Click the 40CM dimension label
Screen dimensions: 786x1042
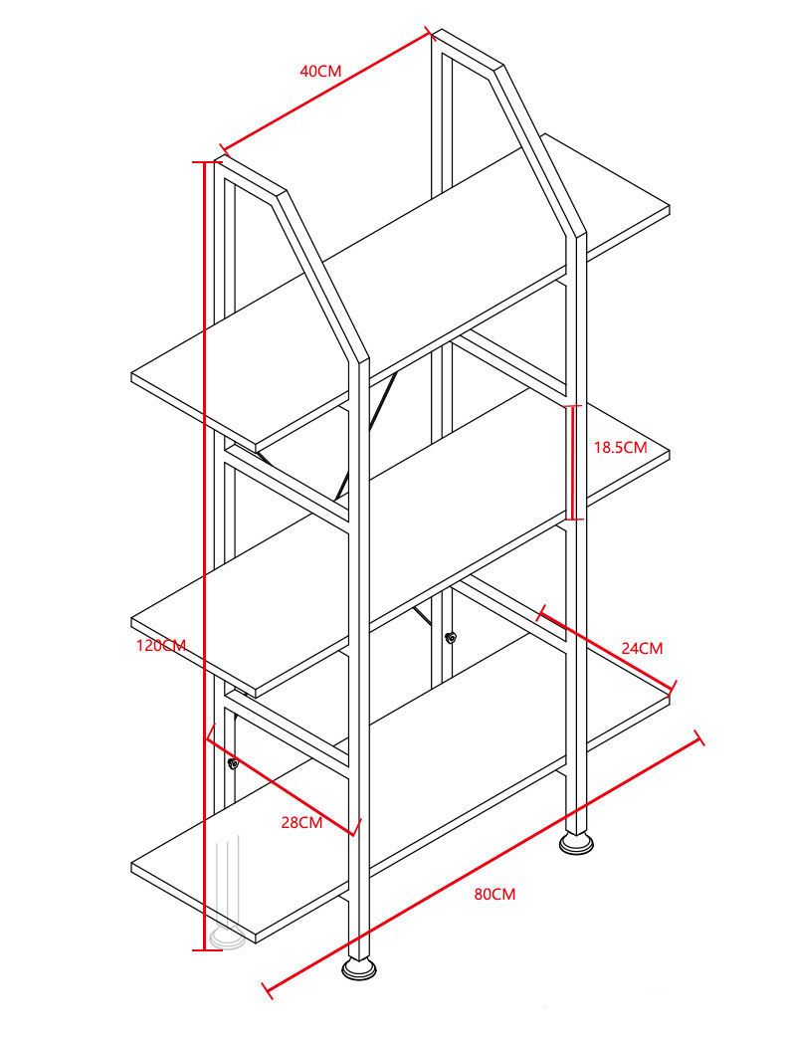point(320,71)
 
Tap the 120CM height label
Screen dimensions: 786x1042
point(161,645)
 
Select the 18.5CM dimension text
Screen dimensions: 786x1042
point(620,447)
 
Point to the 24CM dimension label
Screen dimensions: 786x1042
point(642,648)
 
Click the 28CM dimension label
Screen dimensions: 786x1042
point(301,823)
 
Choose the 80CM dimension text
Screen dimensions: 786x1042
point(495,895)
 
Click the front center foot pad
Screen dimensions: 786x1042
point(359,969)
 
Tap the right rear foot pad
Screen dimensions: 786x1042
point(576,843)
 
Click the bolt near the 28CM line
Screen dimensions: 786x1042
point(233,763)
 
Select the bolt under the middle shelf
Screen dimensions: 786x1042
point(451,639)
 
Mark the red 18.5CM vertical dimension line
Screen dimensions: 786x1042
point(573,463)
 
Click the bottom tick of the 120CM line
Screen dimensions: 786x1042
point(207,950)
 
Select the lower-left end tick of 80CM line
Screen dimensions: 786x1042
point(267,991)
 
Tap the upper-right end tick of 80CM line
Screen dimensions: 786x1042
point(699,737)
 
